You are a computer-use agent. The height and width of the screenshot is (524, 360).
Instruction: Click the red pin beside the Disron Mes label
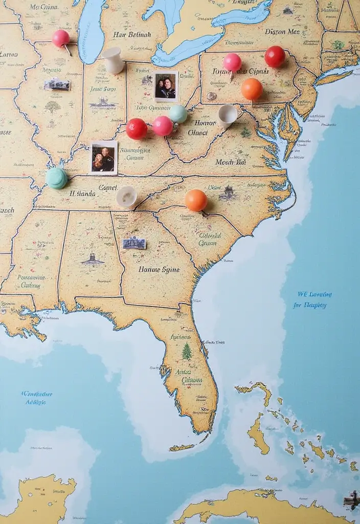[275, 56]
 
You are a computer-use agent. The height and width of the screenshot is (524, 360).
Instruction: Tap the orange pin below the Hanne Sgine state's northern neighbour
[196, 200]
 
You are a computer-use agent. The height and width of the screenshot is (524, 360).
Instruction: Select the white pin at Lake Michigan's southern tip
[112, 60]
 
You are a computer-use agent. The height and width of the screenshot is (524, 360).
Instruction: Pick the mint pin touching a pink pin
[178, 114]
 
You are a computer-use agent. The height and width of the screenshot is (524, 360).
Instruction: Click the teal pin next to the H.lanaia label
[57, 178]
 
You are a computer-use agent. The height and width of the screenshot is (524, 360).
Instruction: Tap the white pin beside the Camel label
[126, 196]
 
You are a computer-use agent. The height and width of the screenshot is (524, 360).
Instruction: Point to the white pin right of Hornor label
[228, 115]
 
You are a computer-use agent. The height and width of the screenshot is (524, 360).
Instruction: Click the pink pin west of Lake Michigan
[61, 38]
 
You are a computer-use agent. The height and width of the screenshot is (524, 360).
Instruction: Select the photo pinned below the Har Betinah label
[166, 86]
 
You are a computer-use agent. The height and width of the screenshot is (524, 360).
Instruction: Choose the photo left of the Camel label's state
[104, 158]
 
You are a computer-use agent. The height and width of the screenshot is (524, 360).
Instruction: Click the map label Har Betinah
[132, 35]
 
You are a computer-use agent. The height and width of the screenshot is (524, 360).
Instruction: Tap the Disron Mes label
[282, 32]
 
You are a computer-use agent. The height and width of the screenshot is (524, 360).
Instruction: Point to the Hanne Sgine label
[159, 269]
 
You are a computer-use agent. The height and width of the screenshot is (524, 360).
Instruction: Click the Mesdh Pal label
[231, 162]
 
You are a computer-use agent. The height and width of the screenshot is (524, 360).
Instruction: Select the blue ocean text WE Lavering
[314, 295]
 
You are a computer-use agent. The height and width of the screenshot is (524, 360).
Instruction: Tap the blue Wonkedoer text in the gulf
[37, 394]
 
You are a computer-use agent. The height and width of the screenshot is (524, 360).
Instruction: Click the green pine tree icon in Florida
[187, 351]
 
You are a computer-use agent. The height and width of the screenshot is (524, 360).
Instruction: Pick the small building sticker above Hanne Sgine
[134, 243]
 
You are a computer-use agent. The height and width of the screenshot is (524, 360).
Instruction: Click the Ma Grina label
[42, 7]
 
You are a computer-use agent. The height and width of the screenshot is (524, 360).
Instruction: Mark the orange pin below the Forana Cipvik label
[252, 89]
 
